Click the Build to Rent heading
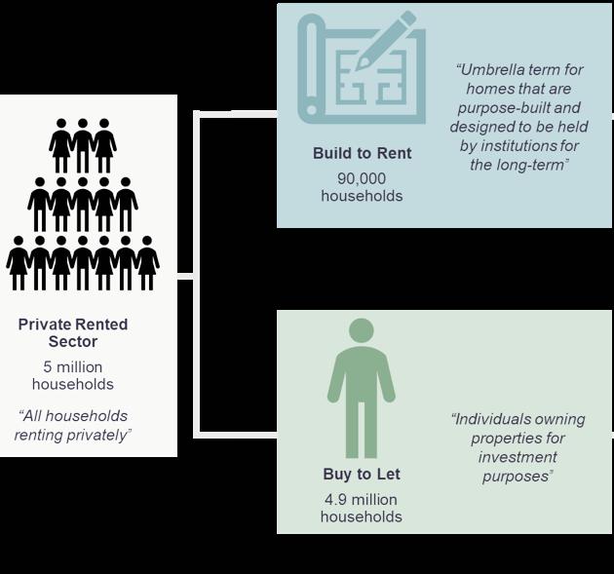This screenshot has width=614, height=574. coord(362,154)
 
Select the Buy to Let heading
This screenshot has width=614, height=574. coord(361,475)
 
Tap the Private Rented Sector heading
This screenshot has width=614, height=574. coord(73,332)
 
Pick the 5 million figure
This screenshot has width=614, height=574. coord(73,366)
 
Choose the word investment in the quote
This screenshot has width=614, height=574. coord(518,457)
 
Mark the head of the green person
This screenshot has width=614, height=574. coord(361,330)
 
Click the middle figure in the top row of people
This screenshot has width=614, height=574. coord(83,145)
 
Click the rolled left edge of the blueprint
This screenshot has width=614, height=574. coord(310,68)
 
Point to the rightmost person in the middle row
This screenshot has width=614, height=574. coord(126,204)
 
